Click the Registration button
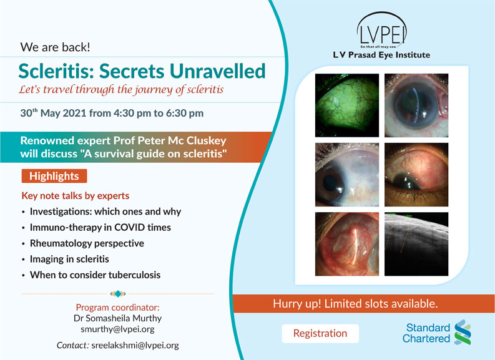pos(320,333)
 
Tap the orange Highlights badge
pos(54,176)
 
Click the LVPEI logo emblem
pos(381,31)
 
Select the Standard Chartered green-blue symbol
pos(463,332)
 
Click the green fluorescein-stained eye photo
pos(347,105)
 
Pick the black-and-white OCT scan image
pos(416,244)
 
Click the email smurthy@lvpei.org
pos(117,329)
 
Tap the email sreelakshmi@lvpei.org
pos(135,345)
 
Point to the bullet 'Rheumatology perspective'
pos(87,243)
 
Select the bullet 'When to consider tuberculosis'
pos(95,275)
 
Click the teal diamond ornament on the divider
pos(118,294)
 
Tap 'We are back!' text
pos(56,47)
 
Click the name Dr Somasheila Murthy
pos(117,318)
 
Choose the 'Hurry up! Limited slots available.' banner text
pos(355,303)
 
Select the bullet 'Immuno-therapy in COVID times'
pos(100,228)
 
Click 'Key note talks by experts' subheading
pos(76,196)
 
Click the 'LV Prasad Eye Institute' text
pos(381,55)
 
